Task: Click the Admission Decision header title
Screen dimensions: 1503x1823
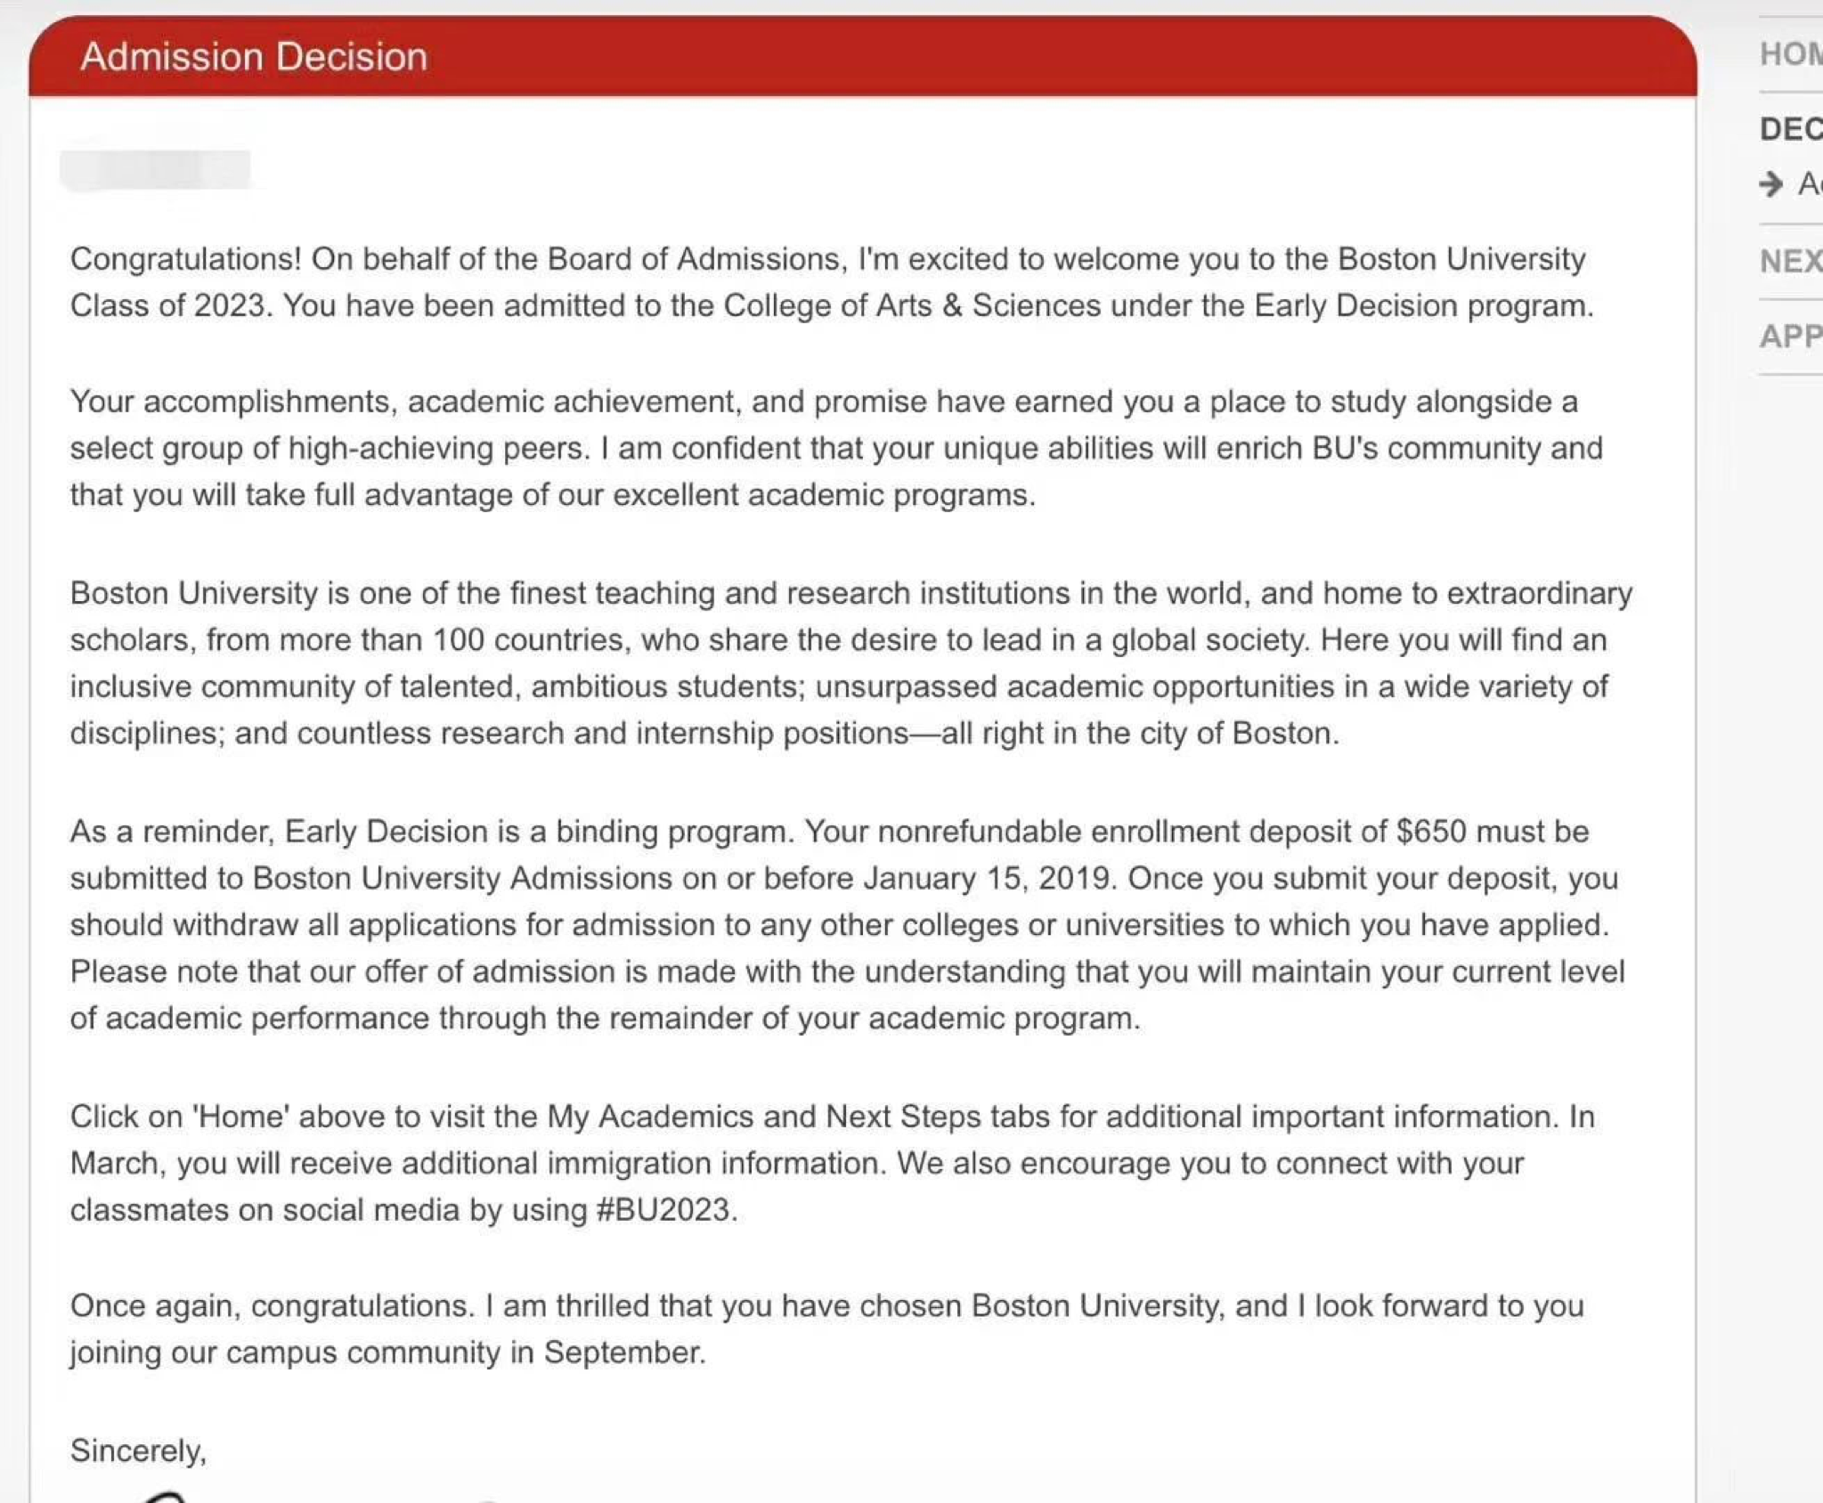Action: (x=254, y=57)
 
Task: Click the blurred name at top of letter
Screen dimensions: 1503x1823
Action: (x=155, y=170)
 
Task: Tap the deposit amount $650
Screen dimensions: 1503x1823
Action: (x=1430, y=832)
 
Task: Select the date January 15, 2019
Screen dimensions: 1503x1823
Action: (x=988, y=879)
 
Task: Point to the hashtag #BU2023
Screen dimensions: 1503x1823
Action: (x=663, y=1210)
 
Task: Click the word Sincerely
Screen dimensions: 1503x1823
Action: (x=138, y=1450)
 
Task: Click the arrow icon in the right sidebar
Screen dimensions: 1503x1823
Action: (x=1771, y=184)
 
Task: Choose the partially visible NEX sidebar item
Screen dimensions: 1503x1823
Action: (x=1790, y=262)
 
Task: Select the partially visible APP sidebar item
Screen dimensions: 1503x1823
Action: (x=1790, y=337)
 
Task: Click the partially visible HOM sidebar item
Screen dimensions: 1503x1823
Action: (x=1790, y=54)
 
